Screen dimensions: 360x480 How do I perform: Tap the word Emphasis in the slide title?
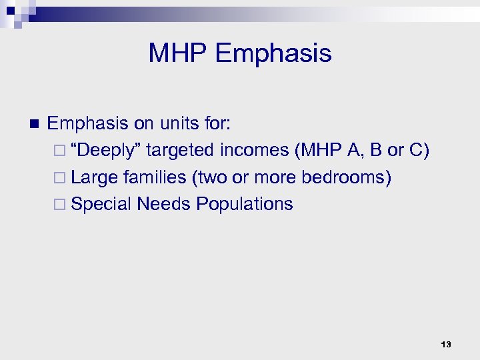(x=273, y=53)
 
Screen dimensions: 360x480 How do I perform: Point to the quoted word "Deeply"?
(x=106, y=151)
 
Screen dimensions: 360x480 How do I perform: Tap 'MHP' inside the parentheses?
(x=319, y=151)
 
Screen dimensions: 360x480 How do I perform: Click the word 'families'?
(x=153, y=178)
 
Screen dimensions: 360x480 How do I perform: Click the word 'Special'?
(x=101, y=204)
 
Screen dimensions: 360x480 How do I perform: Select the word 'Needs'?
(x=163, y=204)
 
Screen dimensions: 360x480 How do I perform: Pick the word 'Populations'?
(x=244, y=204)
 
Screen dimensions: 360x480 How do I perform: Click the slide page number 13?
(x=446, y=344)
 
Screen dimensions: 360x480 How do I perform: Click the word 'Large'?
(x=95, y=178)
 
